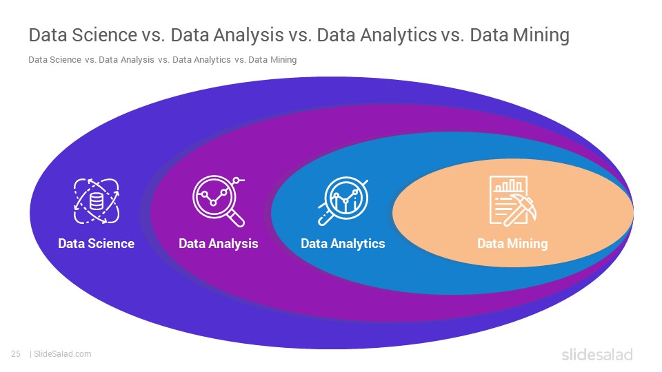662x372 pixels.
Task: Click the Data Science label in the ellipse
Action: point(97,243)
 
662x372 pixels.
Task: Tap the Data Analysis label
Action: point(219,244)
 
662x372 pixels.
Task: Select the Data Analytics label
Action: point(343,244)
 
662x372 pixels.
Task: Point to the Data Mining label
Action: point(512,244)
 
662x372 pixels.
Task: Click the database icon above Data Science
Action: point(97,201)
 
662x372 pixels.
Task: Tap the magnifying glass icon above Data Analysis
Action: point(219,201)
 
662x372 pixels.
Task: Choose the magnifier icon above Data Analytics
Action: point(343,201)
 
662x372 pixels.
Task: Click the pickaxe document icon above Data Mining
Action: point(512,201)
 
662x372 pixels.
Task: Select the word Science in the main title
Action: point(104,34)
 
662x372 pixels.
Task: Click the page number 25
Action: point(16,354)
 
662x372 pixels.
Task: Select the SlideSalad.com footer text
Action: point(63,354)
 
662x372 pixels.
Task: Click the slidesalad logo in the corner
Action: point(597,354)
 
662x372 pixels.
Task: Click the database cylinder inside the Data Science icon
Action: point(97,201)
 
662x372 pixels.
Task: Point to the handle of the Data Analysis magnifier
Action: point(236,218)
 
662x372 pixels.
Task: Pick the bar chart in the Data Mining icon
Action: point(509,185)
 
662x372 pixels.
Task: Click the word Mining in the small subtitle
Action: point(283,60)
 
